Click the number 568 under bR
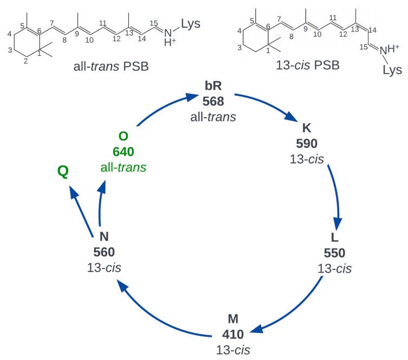click(x=213, y=101)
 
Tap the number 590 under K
click(x=306, y=143)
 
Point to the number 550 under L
click(x=334, y=253)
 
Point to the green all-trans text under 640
click(x=123, y=167)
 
